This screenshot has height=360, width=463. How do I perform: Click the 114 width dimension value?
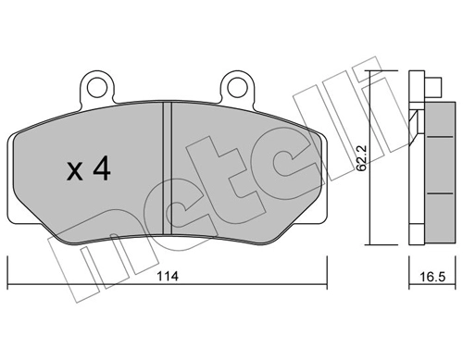[x=168, y=276]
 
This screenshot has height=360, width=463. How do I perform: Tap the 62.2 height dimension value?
[x=361, y=158]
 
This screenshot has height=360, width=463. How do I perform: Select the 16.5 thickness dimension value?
[x=432, y=277]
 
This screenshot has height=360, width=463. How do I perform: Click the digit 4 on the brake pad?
[x=102, y=168]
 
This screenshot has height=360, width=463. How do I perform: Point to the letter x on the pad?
[x=75, y=172]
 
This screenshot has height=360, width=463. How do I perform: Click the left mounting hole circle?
[x=97, y=88]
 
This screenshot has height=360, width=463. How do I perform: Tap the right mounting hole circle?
[x=237, y=88]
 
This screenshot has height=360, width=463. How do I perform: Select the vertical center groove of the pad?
[x=167, y=168]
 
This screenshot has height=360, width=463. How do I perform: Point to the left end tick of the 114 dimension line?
[x=7, y=273]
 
